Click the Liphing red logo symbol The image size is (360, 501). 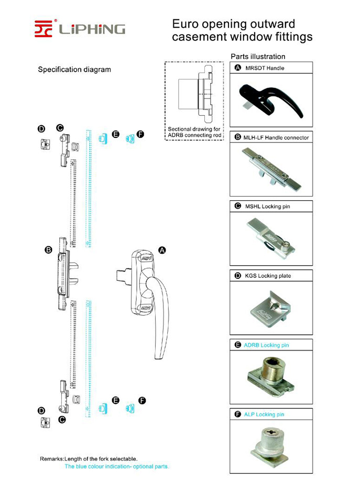pos(45,28)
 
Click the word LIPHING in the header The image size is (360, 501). pos(92,29)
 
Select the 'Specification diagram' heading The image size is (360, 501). pos(74,70)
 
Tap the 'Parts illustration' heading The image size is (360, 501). pos(258,57)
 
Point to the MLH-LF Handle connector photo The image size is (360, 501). pos(270,169)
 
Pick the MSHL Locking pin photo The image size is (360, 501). pos(270,238)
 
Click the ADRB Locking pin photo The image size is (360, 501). pos(270,376)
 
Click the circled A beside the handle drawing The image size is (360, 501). pos(162,251)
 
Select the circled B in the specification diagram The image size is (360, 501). pos(48,251)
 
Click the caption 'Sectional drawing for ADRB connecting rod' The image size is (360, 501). pos(194,132)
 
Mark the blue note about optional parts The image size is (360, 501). pos(116,466)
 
